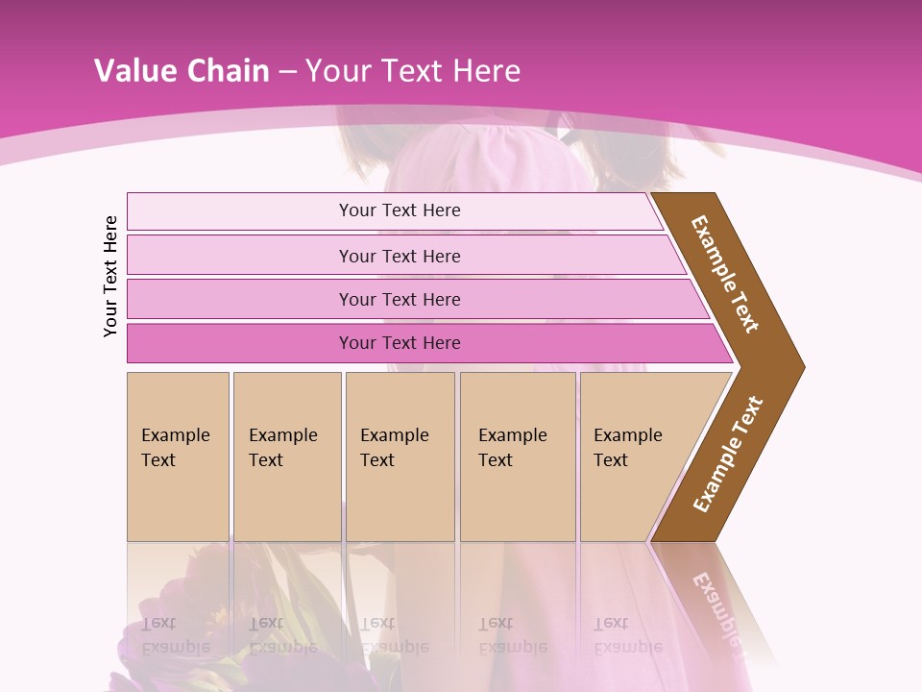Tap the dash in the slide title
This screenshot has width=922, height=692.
287,72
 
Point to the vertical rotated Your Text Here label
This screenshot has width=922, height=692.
110,276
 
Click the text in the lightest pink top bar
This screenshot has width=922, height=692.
400,210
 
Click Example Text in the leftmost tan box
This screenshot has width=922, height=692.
175,447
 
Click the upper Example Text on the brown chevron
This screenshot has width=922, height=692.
725,274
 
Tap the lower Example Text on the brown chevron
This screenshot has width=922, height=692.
728,454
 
